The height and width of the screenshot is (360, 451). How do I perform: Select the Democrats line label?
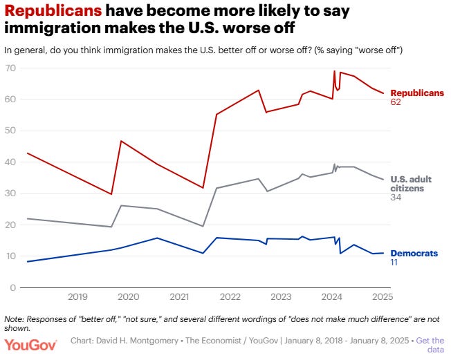414,254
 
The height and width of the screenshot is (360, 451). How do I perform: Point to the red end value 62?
396,102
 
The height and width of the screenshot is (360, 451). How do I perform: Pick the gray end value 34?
396,198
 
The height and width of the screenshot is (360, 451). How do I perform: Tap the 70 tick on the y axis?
12,68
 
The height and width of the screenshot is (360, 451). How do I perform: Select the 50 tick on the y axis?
12,131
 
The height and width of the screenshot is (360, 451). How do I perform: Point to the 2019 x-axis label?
77,298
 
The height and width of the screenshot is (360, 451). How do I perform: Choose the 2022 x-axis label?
230,298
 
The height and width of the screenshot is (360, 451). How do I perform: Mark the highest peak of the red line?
335,70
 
